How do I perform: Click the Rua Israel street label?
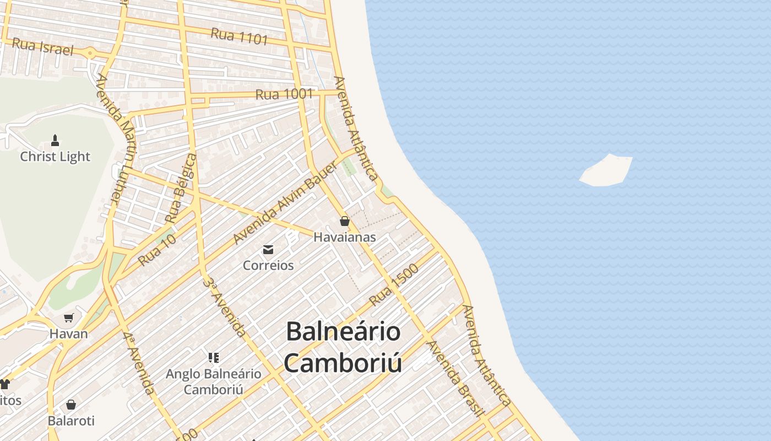tap(42, 47)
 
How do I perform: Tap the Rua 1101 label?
tap(239, 37)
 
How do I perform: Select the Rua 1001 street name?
tap(284, 94)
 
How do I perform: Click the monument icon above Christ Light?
tap(55, 141)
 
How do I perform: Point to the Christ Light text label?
tap(55, 157)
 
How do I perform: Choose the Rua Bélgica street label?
tap(181, 189)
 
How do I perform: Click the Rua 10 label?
tap(158, 250)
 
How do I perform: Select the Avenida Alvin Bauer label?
tap(285, 203)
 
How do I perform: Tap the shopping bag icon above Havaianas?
tap(345, 221)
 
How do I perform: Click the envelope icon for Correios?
tap(268, 250)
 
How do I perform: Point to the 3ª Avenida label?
tap(225, 306)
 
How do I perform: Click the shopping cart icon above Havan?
tap(69, 318)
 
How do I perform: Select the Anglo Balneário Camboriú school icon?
tap(214, 358)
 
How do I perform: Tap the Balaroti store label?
tap(71, 421)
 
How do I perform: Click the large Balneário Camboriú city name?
tap(343, 347)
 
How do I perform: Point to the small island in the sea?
tap(606, 171)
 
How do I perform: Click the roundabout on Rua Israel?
tap(89, 53)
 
